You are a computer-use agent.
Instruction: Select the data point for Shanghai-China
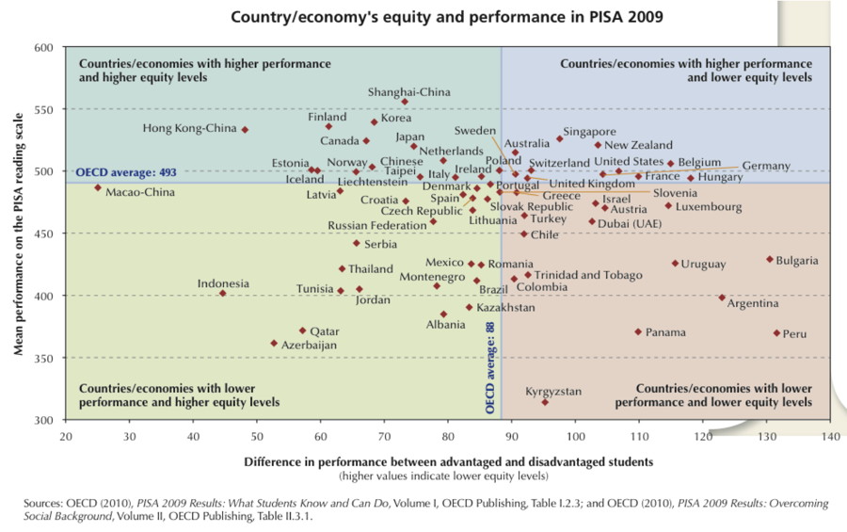tap(405, 102)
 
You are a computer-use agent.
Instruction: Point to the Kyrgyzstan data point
tap(545, 402)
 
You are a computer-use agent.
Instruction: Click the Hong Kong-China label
tap(189, 128)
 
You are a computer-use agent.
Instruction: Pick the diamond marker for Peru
tap(776, 333)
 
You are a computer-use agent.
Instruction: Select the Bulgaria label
tap(797, 260)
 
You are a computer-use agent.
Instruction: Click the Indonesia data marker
tap(223, 293)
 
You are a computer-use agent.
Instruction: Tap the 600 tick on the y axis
tap(44, 47)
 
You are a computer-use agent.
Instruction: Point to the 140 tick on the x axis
tap(830, 436)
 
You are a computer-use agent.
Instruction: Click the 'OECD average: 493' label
tap(127, 173)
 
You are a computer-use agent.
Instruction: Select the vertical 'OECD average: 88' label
tap(490, 368)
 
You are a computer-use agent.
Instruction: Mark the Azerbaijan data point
tap(274, 343)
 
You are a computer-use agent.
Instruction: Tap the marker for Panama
tap(638, 331)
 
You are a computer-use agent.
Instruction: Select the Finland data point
tap(328, 126)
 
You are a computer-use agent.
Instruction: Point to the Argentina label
tap(753, 304)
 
